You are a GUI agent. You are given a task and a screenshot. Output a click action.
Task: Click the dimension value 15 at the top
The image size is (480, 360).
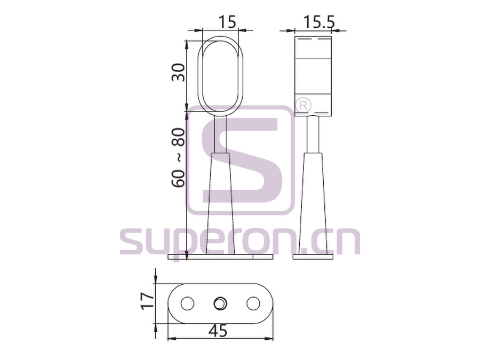click(x=228, y=22)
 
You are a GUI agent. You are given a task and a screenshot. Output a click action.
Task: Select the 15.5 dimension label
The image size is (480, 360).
click(x=319, y=22)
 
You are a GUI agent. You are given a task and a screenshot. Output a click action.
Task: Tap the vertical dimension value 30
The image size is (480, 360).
click(x=179, y=72)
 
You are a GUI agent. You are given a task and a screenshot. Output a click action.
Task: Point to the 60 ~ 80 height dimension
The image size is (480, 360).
click(x=179, y=157)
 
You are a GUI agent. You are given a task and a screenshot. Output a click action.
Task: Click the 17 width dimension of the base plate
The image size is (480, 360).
click(x=147, y=301)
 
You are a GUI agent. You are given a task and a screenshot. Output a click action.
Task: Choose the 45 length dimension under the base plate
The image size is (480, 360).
click(x=219, y=331)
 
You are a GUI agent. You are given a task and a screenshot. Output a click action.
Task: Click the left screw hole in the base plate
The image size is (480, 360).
click(x=187, y=303)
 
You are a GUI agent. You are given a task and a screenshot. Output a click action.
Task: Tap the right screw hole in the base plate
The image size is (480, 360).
click(x=253, y=303)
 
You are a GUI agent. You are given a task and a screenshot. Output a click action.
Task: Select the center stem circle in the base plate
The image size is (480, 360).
click(x=220, y=303)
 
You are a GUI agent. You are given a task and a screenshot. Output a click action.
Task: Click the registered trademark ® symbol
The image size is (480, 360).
click(x=303, y=106)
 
